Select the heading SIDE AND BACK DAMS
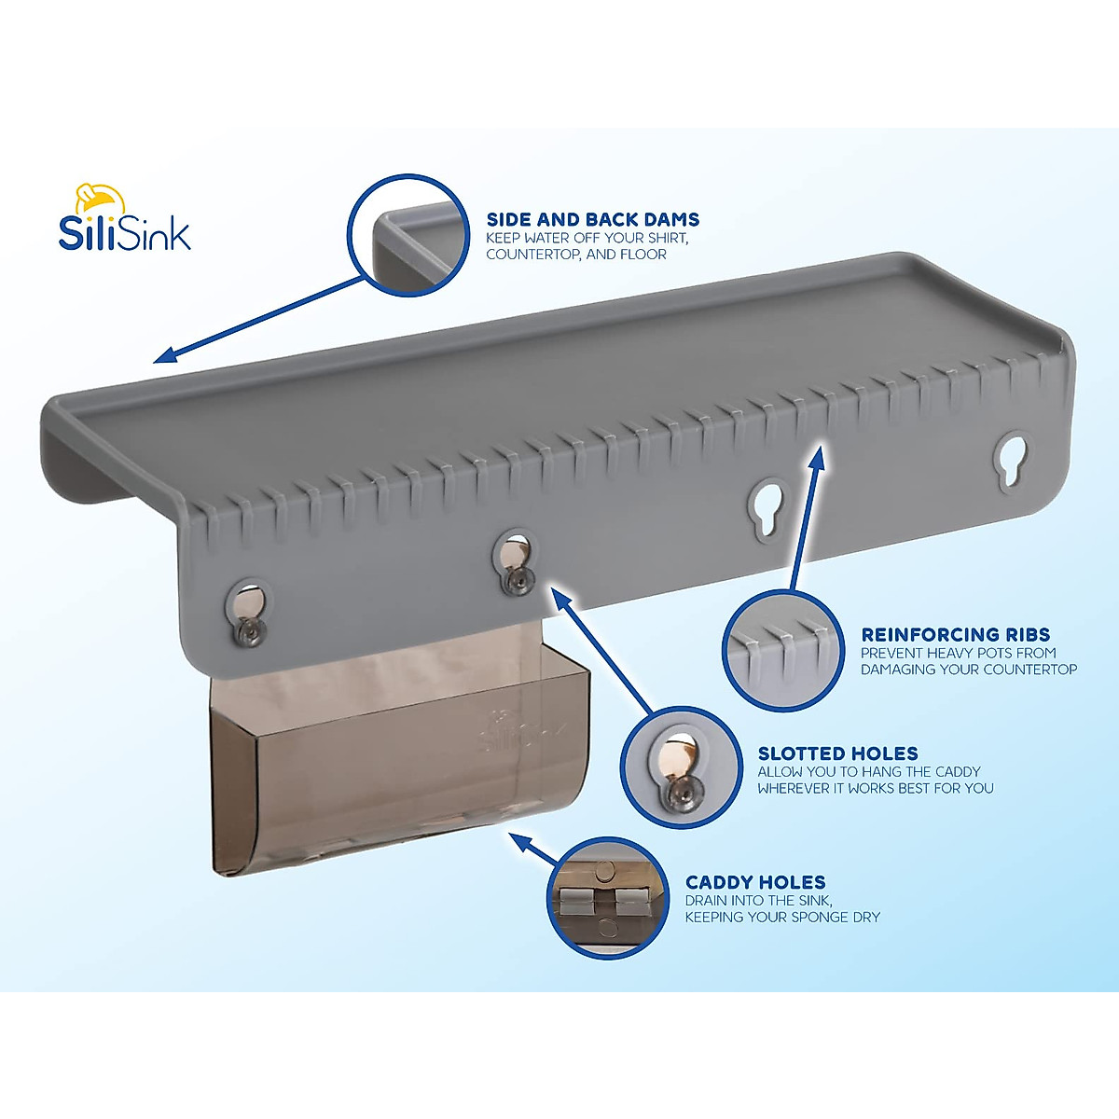point(592,220)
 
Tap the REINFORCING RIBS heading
point(955,635)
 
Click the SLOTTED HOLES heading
point(837,753)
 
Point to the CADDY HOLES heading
point(755,882)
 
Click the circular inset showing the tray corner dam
point(408,234)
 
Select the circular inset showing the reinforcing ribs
point(783,650)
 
